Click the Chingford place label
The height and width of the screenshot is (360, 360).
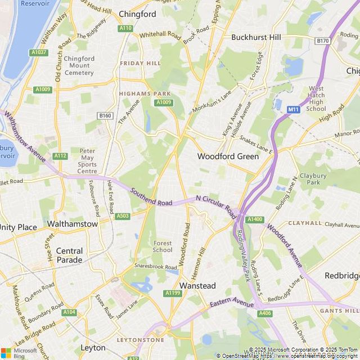tap(138, 14)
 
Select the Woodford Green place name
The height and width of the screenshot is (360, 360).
tap(228, 156)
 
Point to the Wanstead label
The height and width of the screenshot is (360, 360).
tap(197, 286)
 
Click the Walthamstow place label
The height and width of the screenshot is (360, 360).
tap(73, 224)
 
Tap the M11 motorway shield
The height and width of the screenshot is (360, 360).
tap(293, 109)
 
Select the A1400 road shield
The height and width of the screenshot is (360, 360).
tap(255, 219)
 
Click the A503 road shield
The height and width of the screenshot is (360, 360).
tap(123, 216)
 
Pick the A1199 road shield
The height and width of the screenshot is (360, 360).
tap(173, 293)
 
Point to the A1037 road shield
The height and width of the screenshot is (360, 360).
tap(39, 52)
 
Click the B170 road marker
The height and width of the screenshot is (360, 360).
tap(322, 41)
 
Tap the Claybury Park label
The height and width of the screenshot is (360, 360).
tap(313, 179)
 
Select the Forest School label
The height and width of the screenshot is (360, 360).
tap(163, 246)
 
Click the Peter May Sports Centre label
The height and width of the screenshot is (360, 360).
tap(87, 161)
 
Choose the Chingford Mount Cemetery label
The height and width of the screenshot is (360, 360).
tap(79, 65)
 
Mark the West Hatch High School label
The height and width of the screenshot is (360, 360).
tap(316, 98)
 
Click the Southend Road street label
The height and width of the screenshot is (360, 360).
tap(151, 196)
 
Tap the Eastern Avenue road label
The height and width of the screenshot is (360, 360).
tap(232, 304)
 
